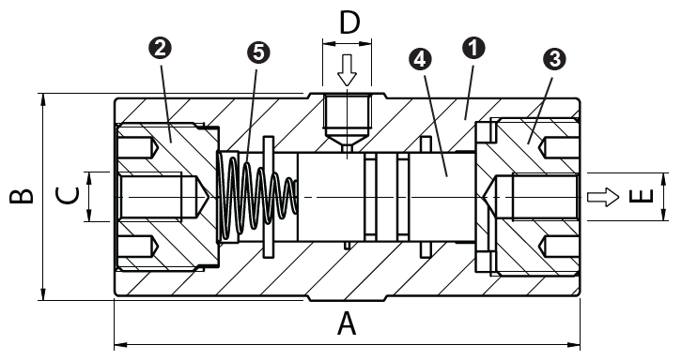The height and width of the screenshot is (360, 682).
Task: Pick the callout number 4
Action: (422, 59)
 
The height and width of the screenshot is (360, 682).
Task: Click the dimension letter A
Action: (348, 324)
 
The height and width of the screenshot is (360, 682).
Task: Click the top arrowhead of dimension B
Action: (43, 98)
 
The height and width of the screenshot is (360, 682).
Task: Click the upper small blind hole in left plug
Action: (141, 148)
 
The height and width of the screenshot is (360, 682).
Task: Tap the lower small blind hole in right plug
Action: (555, 246)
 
